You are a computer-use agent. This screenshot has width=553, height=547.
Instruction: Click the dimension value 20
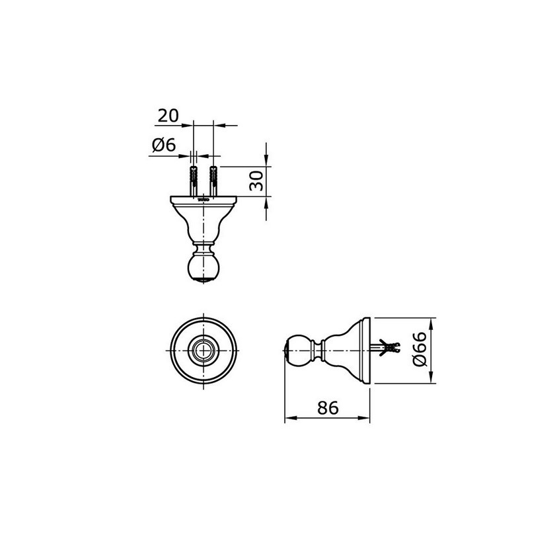point(168,116)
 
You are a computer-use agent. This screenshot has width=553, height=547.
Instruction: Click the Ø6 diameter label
point(164,146)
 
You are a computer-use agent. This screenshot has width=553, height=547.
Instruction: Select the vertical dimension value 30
point(258,180)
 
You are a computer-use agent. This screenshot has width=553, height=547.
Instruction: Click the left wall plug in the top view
point(193,178)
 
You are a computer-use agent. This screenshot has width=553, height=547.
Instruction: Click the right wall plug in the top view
point(213,178)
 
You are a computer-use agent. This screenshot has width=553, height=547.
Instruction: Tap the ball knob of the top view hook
point(203,268)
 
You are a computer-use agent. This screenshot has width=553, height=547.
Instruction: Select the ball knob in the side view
point(297,351)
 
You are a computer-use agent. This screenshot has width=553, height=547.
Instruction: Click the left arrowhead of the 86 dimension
point(288,418)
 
